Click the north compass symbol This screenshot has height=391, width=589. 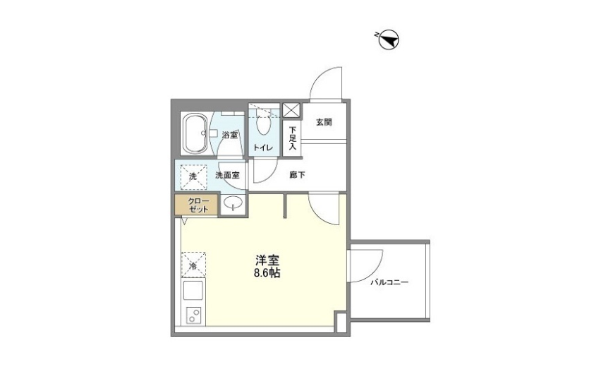click(x=389, y=40)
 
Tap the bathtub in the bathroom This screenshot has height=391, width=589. click(x=194, y=133)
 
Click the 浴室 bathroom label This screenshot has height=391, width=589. click(x=229, y=135)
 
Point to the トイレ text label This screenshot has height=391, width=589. click(x=263, y=148)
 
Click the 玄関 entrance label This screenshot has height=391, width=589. click(x=324, y=122)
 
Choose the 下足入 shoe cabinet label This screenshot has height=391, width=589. click(x=293, y=138)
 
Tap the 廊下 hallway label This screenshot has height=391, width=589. click(x=297, y=175)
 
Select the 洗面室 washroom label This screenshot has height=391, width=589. click(x=227, y=175)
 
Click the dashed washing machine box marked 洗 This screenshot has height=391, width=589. click(x=193, y=176)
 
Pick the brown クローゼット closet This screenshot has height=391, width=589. click(x=196, y=205)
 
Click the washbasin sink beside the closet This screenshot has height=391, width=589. click(x=233, y=204)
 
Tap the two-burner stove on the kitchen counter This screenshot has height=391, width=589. click(x=193, y=315)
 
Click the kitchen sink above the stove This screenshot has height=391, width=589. click(x=193, y=290)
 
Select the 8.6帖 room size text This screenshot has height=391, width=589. click(x=267, y=273)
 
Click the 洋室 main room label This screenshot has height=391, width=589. click(x=267, y=260)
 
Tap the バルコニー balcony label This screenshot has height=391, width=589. click(x=389, y=282)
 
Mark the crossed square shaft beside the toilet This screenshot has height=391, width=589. click(x=292, y=110)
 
